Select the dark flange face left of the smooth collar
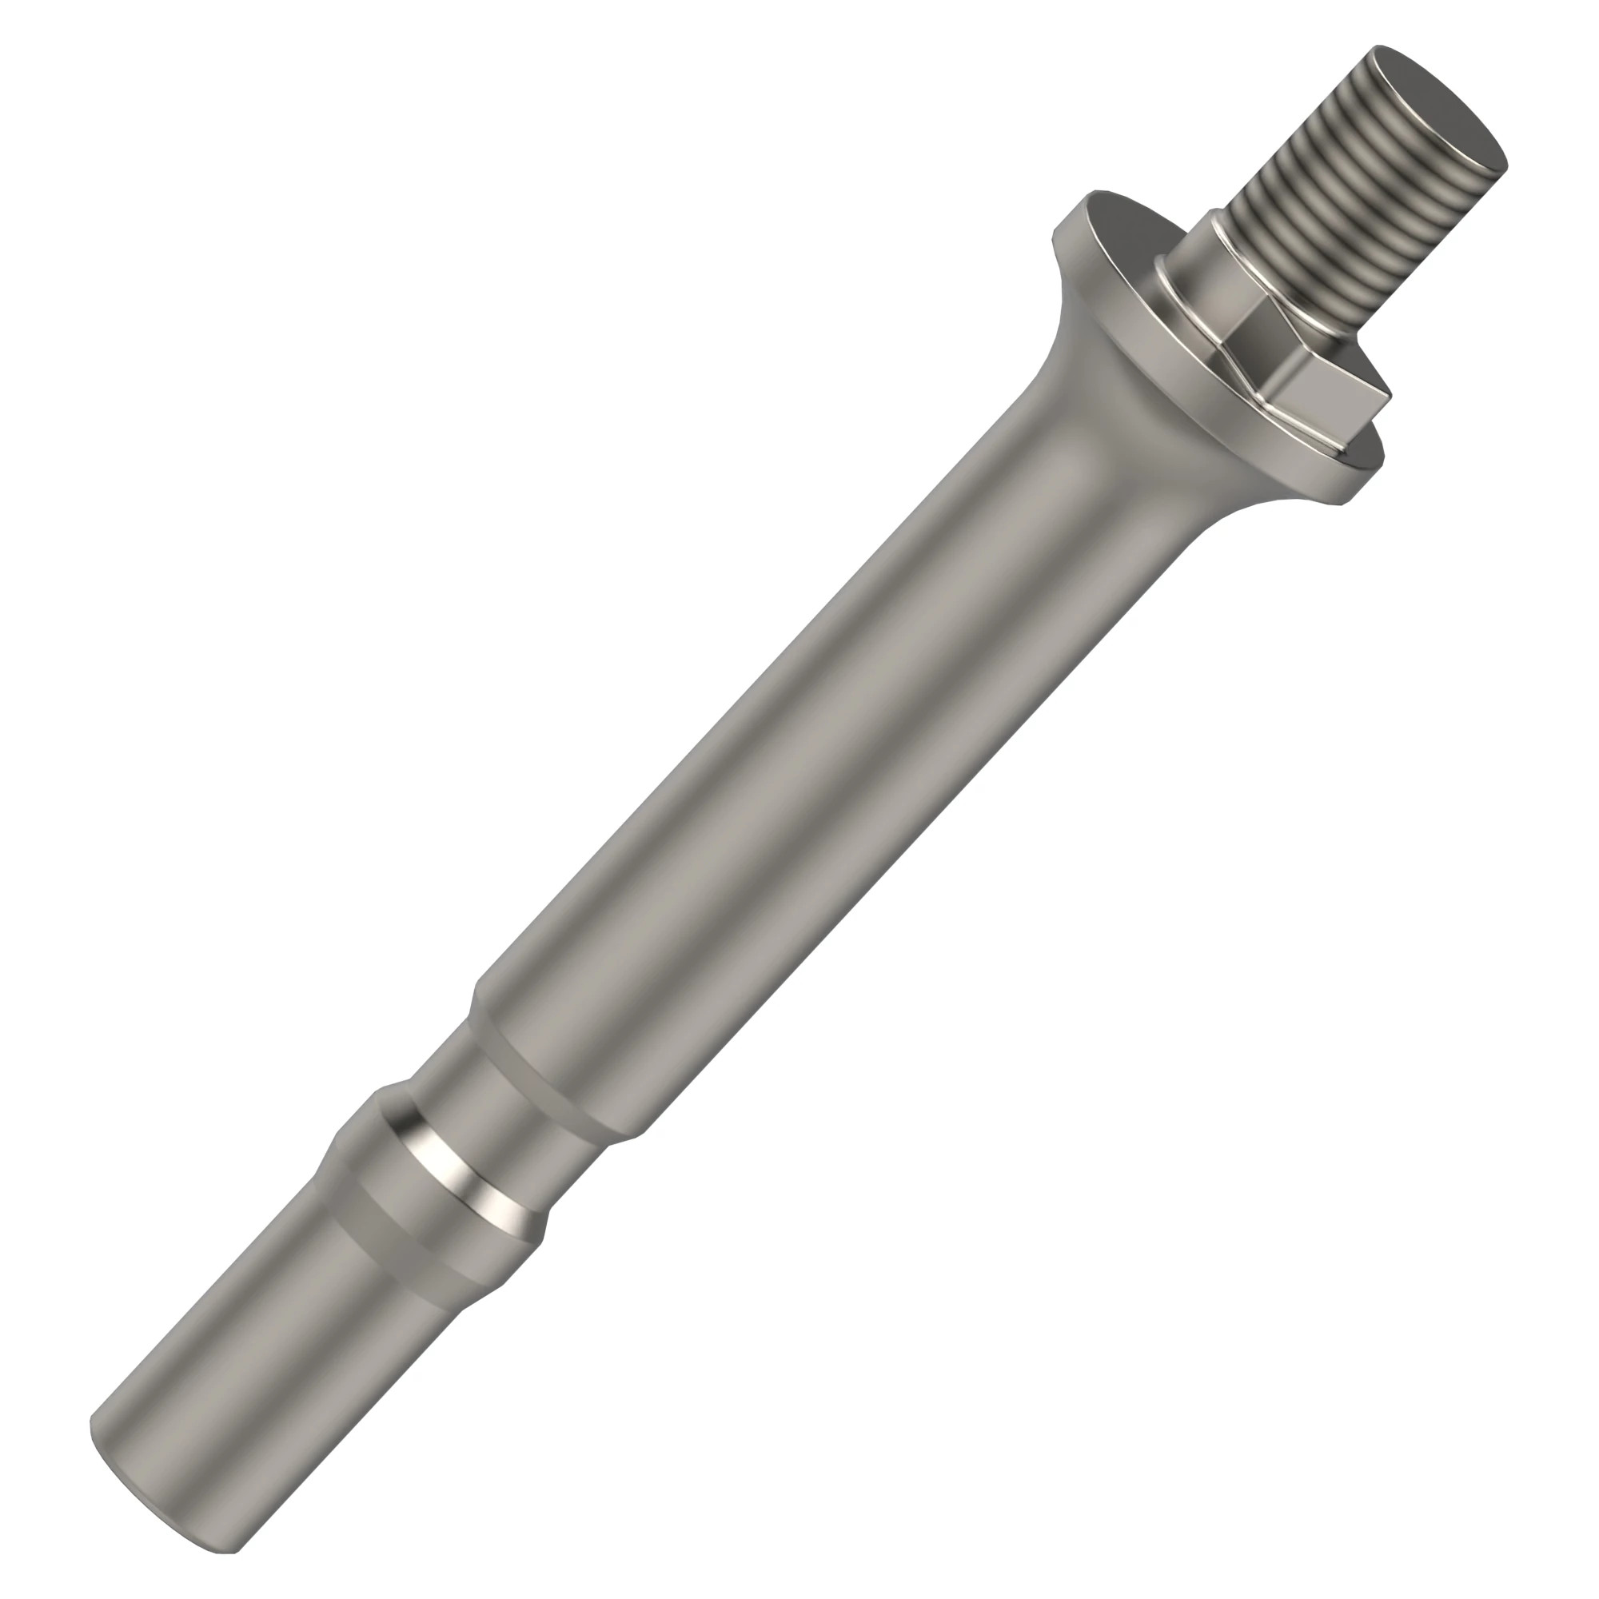point(1118,249)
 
